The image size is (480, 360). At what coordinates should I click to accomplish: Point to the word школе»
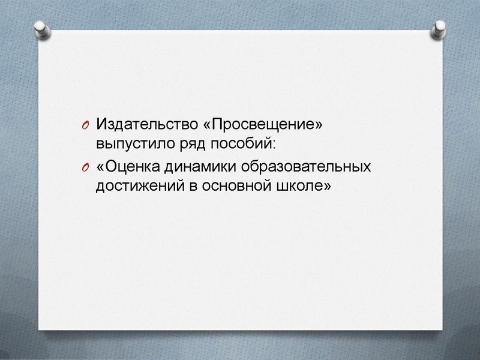pos(304,185)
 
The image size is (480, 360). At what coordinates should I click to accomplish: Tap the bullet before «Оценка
pos(85,167)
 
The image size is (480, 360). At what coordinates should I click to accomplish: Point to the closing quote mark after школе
pos(327,186)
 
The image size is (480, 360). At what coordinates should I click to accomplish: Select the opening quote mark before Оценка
pos(100,167)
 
